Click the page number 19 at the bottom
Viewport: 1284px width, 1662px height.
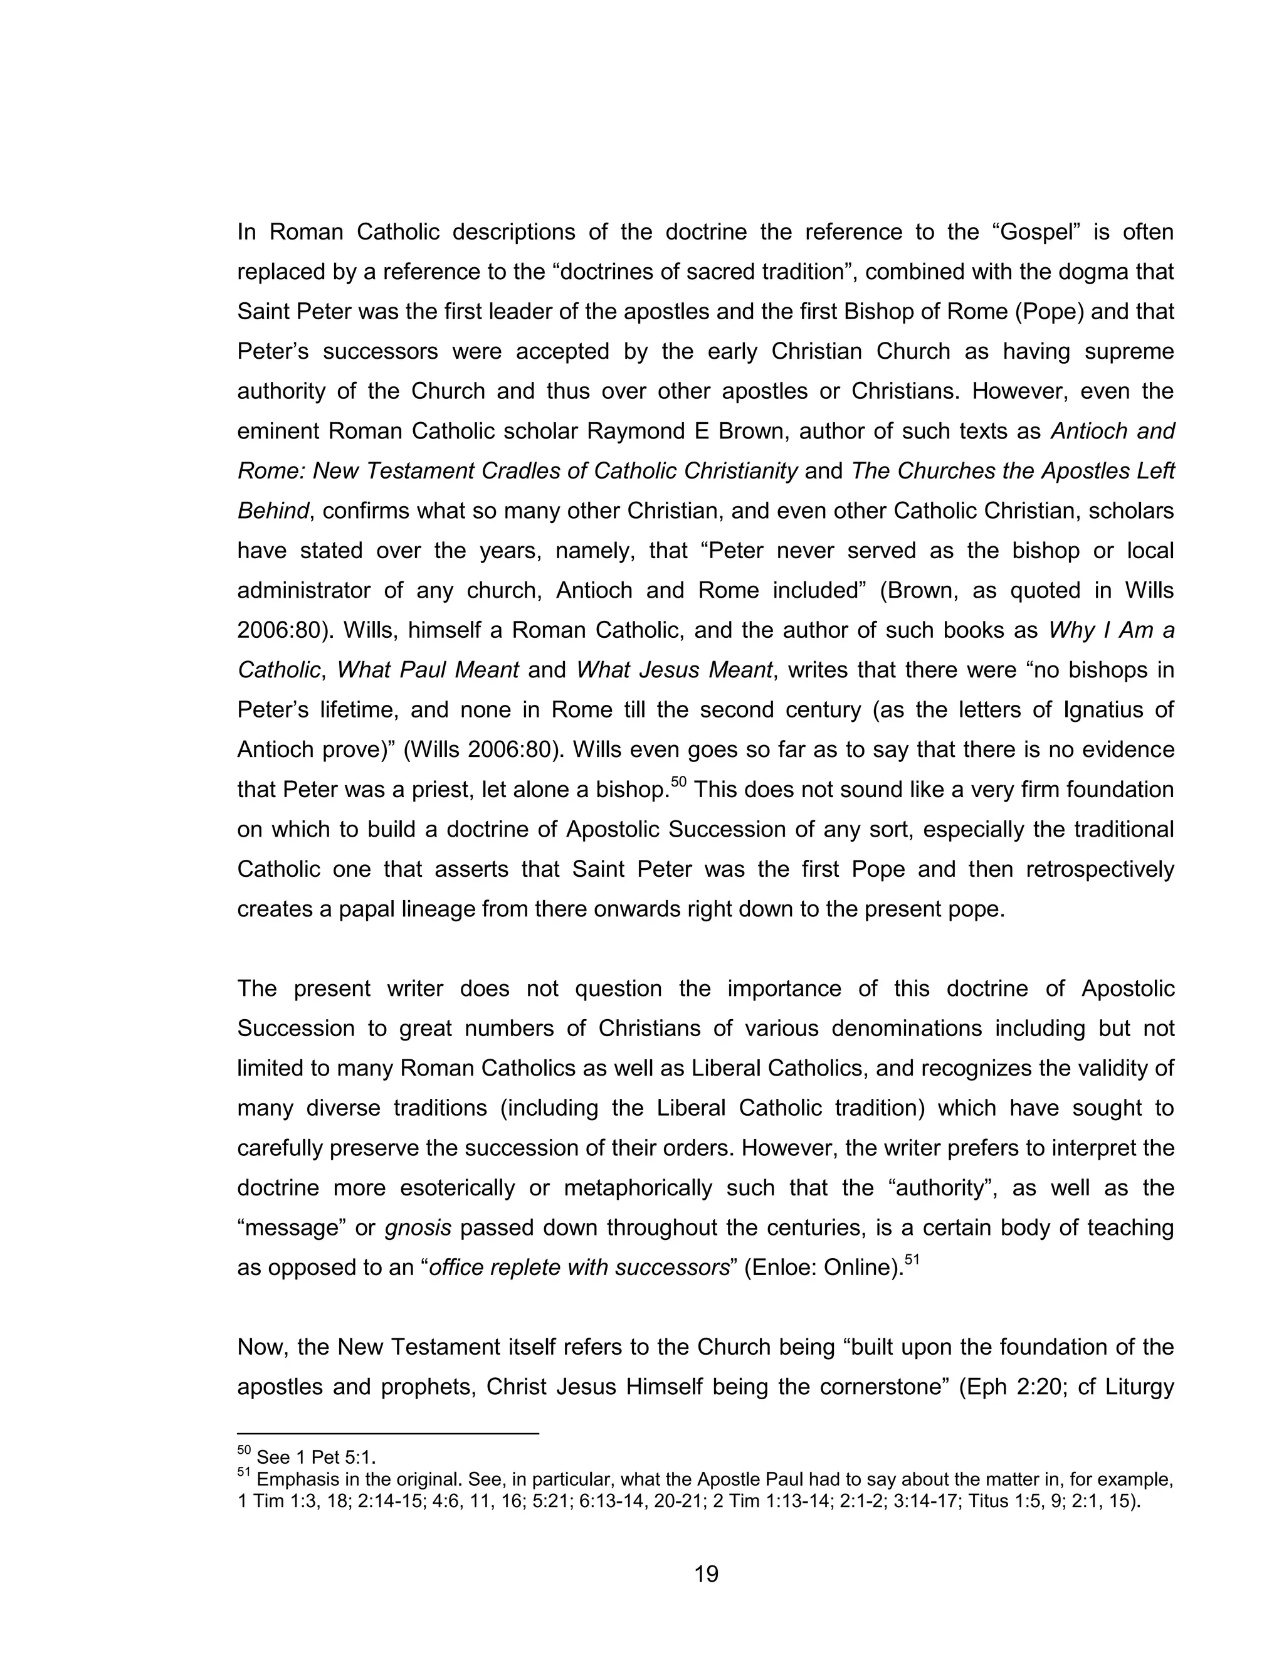click(706, 1574)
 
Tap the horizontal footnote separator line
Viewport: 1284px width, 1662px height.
click(388, 1434)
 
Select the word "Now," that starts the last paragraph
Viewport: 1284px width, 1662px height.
click(261, 1348)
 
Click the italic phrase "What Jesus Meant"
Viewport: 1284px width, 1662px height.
click(674, 670)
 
